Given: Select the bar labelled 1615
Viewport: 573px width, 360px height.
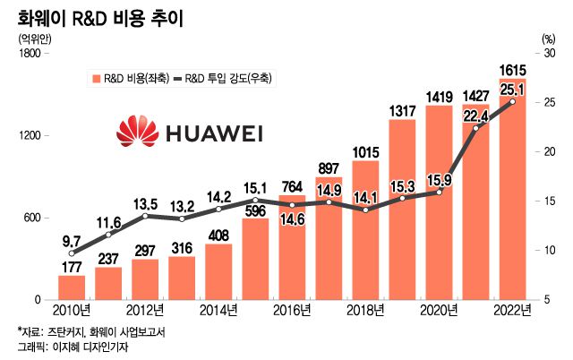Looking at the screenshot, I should coord(512,197).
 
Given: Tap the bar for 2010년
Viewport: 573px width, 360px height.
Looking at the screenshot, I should coord(72,287).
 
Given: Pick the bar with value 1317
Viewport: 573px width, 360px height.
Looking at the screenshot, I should coord(402,215).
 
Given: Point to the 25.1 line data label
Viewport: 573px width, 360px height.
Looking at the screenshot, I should coord(512,89).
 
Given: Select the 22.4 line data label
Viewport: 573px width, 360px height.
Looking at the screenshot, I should coord(475,114).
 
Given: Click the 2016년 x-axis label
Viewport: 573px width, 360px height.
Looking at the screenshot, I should coord(291,311).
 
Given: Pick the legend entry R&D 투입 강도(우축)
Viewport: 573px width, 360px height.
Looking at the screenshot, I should coord(227,78).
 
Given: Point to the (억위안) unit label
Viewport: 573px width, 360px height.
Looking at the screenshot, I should coord(33,39).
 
